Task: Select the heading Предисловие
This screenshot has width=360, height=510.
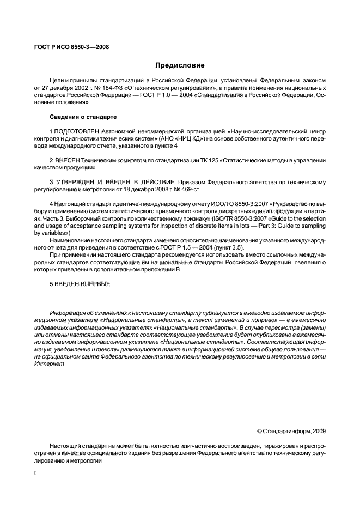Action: point(180,65)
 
